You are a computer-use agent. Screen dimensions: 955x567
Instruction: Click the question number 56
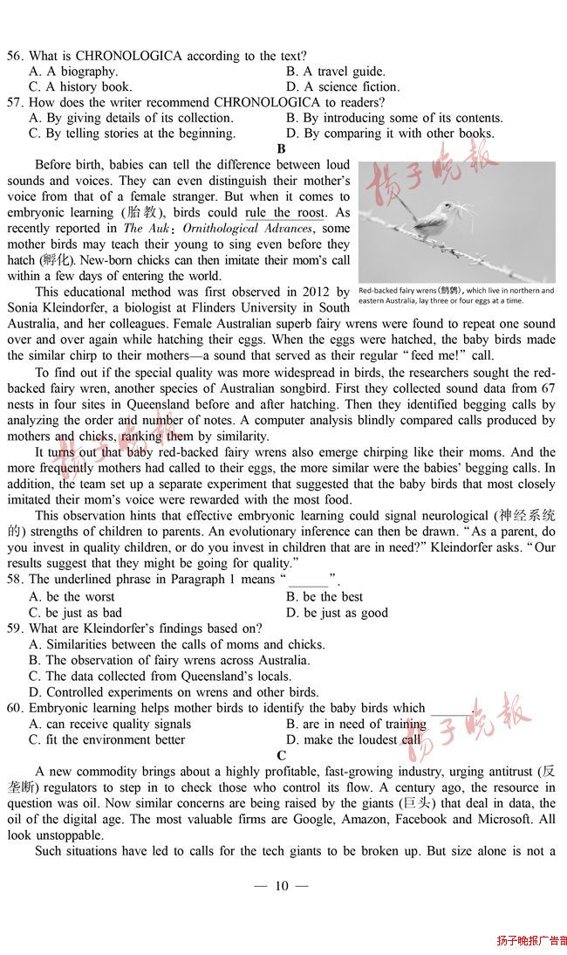15,56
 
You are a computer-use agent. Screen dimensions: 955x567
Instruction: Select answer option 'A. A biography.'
73,72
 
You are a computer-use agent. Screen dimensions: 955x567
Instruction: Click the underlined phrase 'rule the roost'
284,213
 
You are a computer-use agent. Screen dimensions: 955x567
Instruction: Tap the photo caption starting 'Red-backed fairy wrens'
455,296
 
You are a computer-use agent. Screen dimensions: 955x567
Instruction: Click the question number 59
15,629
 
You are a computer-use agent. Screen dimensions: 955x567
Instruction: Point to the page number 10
281,886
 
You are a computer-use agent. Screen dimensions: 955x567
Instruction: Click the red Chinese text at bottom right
531,940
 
